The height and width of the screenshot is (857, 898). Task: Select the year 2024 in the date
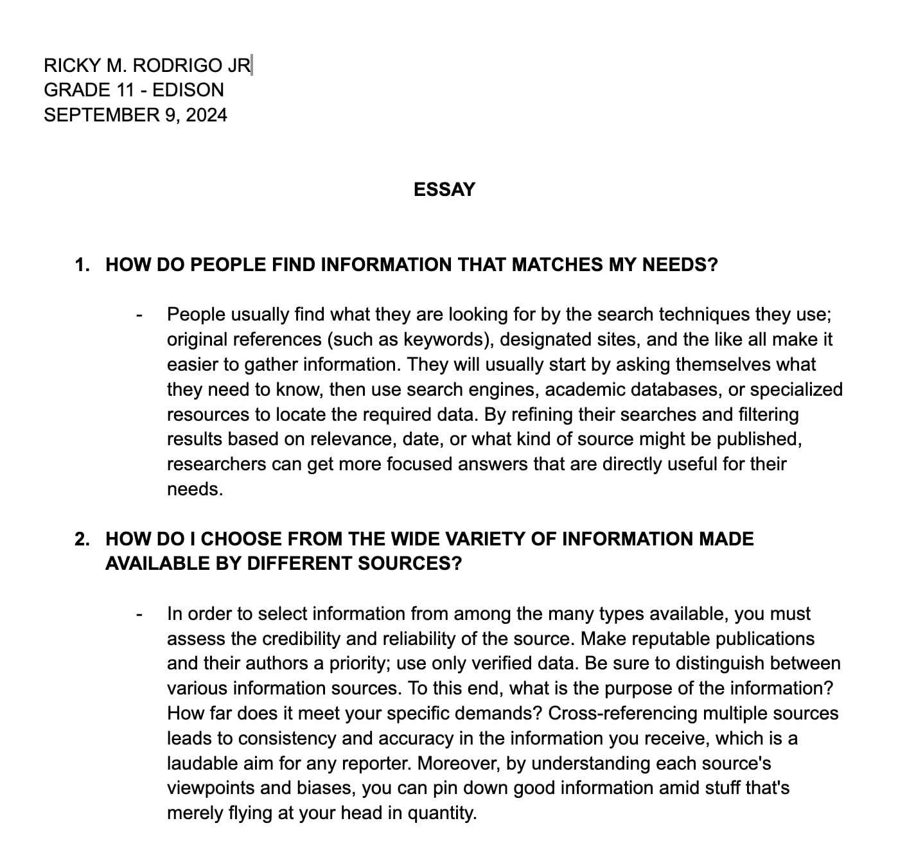pyautogui.click(x=206, y=115)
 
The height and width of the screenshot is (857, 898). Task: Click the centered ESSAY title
pyautogui.click(x=445, y=190)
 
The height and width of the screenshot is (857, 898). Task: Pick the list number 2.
pyautogui.click(x=82, y=538)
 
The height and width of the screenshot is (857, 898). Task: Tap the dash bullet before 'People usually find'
pyautogui.click(x=138, y=315)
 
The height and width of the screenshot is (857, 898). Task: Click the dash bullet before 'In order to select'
pyautogui.click(x=138, y=614)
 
